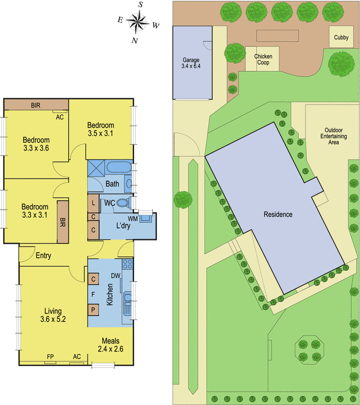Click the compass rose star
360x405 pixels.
(x=137, y=22)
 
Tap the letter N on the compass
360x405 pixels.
(x=135, y=40)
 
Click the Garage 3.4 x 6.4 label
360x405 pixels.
(x=191, y=63)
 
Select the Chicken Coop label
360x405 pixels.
(x=263, y=59)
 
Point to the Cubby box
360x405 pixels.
(x=341, y=36)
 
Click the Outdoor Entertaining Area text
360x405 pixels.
(x=334, y=136)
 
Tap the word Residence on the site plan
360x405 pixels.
(x=278, y=214)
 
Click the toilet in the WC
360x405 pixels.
(x=124, y=202)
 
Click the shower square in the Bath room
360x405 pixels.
(x=96, y=168)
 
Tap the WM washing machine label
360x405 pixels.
(x=133, y=219)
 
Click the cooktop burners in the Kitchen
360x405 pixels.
(x=128, y=264)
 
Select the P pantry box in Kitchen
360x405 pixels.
(x=93, y=310)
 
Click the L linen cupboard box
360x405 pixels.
(x=93, y=204)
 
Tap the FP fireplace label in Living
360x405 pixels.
(x=50, y=357)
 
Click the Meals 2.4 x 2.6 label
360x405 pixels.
(x=110, y=345)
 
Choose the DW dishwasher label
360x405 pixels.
(x=115, y=275)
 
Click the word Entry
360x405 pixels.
(x=44, y=256)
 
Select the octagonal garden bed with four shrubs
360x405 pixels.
(x=309, y=350)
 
